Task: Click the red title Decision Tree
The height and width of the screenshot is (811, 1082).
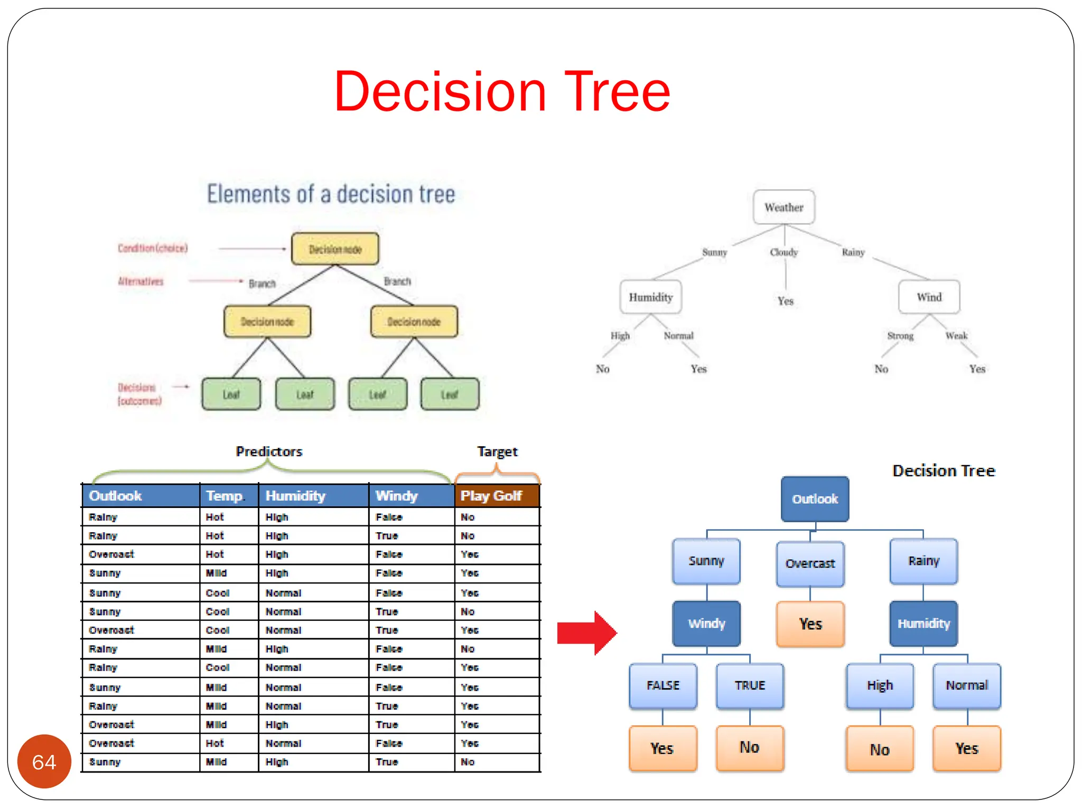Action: [x=502, y=92]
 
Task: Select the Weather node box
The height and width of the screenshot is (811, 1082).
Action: [x=783, y=207]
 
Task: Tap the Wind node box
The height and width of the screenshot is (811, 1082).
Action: [x=929, y=297]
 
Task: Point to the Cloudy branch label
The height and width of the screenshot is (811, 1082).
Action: [x=783, y=252]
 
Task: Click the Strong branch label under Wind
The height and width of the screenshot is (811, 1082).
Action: [x=900, y=336]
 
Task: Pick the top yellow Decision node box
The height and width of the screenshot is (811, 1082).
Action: [x=335, y=249]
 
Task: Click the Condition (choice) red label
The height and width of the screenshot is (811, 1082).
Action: [x=153, y=248]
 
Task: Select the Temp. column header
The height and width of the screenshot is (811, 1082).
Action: [x=226, y=496]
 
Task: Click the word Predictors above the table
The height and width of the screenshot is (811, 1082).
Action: [x=269, y=451]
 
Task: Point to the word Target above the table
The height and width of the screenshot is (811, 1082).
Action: [x=497, y=451]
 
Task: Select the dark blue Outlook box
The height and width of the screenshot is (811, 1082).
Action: [x=815, y=499]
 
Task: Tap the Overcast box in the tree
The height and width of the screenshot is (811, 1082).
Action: [x=810, y=564]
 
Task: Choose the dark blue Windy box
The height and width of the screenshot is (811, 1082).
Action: [x=706, y=624]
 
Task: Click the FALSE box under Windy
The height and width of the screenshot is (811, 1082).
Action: [x=663, y=685]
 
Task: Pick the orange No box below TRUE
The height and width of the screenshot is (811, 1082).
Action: [x=750, y=748]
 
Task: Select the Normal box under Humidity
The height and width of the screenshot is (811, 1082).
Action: [x=967, y=685]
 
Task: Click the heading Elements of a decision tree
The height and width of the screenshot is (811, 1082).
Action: [x=331, y=194]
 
